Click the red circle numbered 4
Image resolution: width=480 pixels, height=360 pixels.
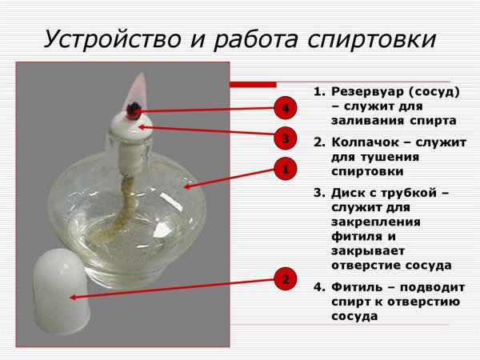(x=286, y=107)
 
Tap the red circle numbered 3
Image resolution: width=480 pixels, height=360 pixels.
(x=286, y=138)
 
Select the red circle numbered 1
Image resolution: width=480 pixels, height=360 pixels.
(x=286, y=169)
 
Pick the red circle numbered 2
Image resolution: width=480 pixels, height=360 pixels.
(x=286, y=280)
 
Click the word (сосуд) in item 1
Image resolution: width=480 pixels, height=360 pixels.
(x=433, y=92)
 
